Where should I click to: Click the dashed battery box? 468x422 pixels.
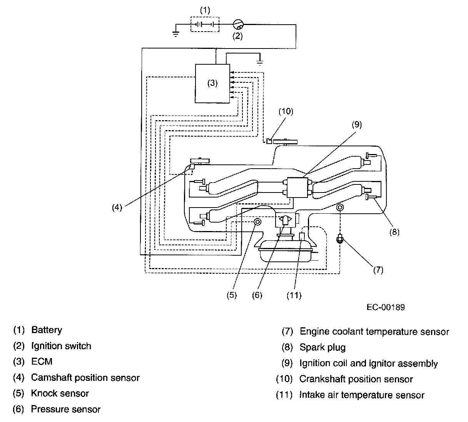(191, 24)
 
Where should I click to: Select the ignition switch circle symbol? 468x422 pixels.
(238, 24)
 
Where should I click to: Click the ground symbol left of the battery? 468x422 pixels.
(175, 34)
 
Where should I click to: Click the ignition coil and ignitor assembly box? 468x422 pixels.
(298, 188)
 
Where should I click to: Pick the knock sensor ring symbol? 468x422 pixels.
(257, 222)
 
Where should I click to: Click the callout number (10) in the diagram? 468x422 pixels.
(286, 111)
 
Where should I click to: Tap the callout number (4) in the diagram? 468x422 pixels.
(117, 207)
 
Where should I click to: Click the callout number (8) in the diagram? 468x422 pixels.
(394, 232)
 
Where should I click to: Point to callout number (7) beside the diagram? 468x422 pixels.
(378, 270)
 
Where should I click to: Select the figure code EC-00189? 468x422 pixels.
(386, 307)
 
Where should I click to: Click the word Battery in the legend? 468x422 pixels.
(47, 330)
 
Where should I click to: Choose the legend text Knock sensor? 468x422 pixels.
(60, 393)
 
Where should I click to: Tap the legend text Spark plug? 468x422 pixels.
(323, 347)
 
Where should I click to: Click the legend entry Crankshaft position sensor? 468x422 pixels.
(356, 379)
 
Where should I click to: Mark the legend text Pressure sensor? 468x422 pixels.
(65, 409)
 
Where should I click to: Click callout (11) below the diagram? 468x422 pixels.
(294, 295)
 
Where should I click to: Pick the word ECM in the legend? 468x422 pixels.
(42, 362)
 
